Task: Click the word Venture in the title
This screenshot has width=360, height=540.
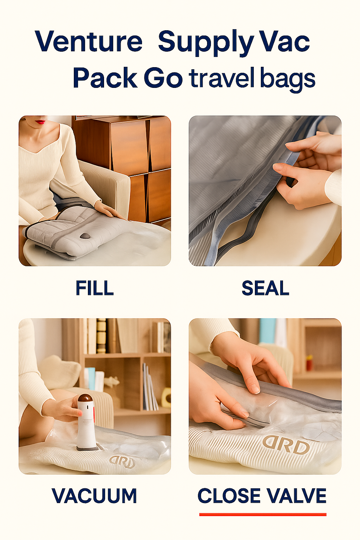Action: coord(89,41)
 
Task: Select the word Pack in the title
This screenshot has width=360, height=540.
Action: coord(105,78)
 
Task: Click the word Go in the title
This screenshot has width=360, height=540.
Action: coord(163,78)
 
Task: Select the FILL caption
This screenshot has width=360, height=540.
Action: coord(95,288)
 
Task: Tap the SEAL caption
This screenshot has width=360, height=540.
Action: coord(265,288)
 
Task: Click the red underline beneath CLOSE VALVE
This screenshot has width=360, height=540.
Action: coord(263,514)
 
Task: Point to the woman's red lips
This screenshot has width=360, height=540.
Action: coord(41,122)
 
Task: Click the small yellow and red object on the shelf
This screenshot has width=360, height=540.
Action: coord(309,363)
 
